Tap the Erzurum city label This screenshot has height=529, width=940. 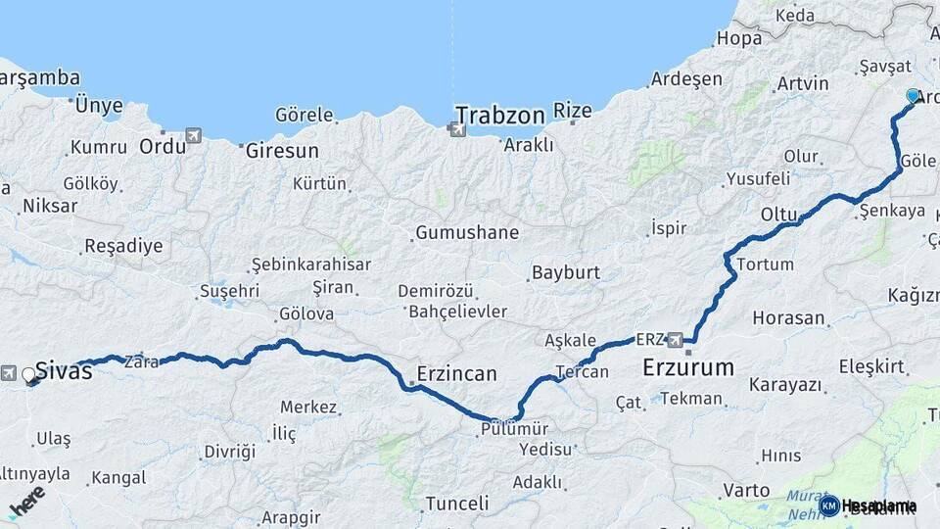(688, 368)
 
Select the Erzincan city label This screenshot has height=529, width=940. (456, 373)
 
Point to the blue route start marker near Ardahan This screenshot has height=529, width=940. (913, 96)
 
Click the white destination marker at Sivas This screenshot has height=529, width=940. (28, 374)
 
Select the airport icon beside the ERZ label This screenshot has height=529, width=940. (675, 340)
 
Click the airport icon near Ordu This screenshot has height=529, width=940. (193, 135)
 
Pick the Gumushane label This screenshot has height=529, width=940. (467, 233)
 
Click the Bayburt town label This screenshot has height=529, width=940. (566, 272)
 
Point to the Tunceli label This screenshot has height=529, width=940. (456, 504)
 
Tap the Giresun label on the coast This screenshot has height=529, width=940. (282, 152)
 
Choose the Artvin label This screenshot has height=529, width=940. (802, 84)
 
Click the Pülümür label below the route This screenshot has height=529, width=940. (514, 429)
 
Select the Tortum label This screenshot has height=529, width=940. (765, 264)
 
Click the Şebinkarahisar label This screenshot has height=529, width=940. (311, 264)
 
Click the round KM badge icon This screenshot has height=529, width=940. (829, 505)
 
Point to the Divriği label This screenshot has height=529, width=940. (229, 452)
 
